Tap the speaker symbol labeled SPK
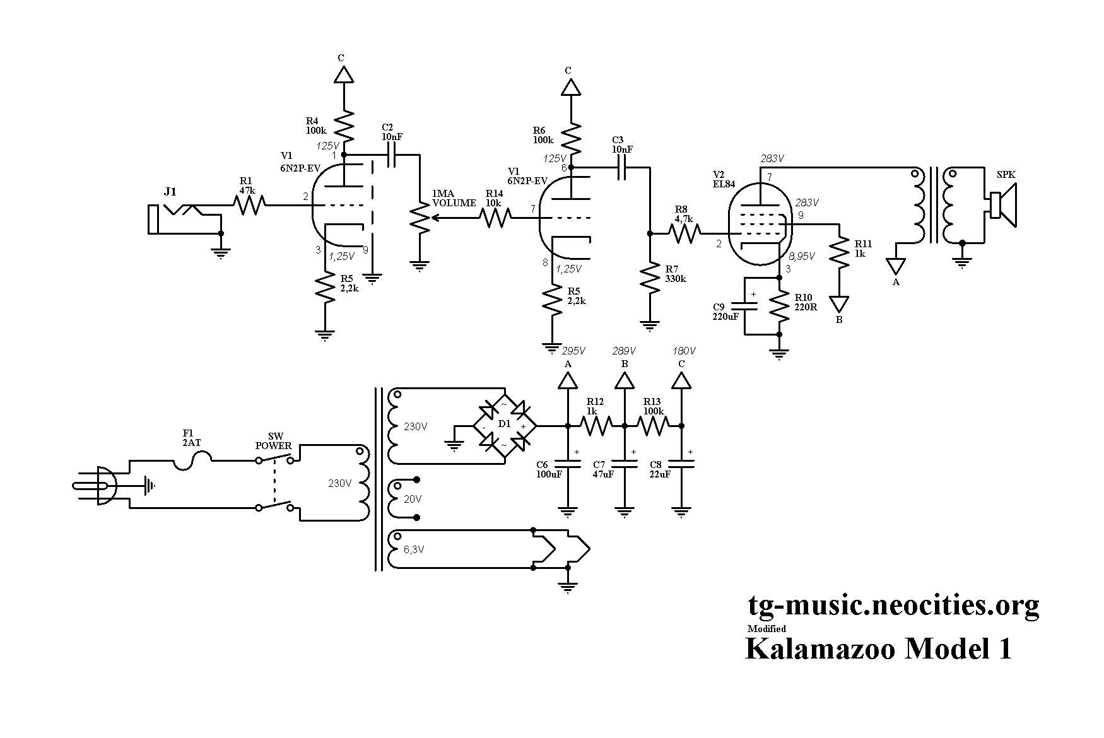[x=1003, y=206]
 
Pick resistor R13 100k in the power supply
[x=653, y=426]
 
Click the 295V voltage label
[x=574, y=351]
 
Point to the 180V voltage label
[x=684, y=351]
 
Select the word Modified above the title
[x=766, y=628]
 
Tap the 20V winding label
[x=413, y=499]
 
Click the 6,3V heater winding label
[x=413, y=549]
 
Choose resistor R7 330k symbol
[x=650, y=278]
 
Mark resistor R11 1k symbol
[x=840, y=251]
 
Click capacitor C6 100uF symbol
[x=568, y=464]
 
